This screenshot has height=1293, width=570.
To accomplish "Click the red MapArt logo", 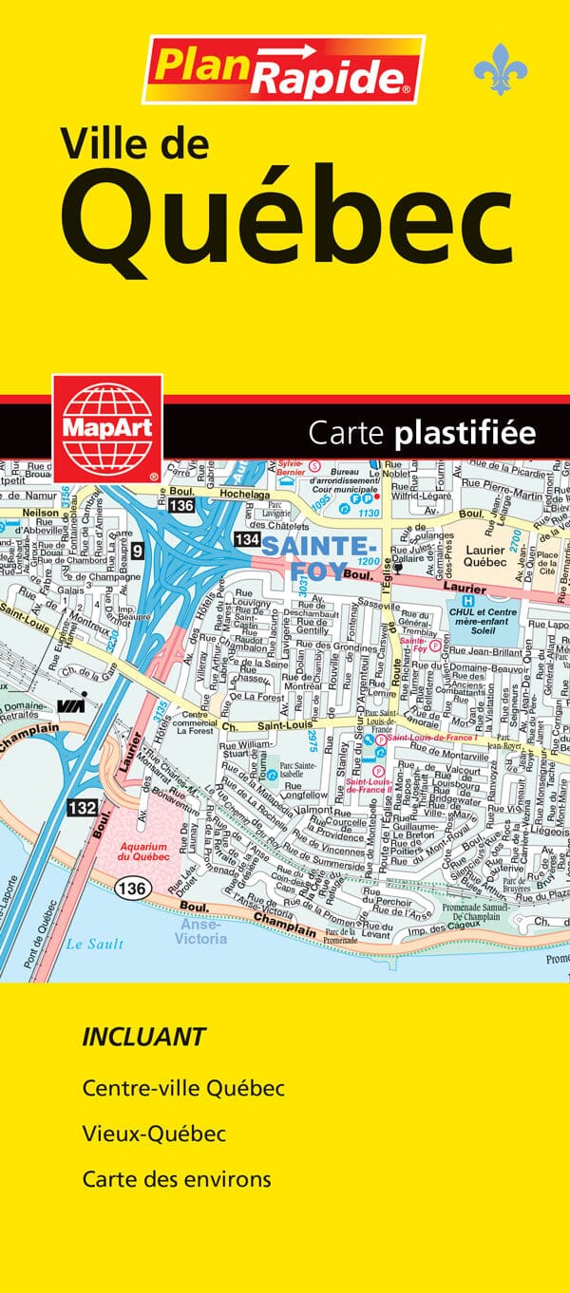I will [x=107, y=428].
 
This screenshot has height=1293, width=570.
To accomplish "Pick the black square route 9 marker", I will [x=138, y=548].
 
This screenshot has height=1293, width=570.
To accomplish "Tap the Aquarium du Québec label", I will [x=142, y=852].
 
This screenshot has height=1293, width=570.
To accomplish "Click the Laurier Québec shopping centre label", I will [x=490, y=555].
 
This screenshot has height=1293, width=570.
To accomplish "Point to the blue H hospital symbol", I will [x=466, y=602].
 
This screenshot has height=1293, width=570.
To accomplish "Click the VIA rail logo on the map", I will [x=68, y=704].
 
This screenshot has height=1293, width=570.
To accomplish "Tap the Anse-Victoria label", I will [x=201, y=932].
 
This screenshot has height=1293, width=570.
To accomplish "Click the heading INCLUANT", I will [x=143, y=1037].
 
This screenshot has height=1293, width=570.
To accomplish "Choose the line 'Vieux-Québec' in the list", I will [x=154, y=1134].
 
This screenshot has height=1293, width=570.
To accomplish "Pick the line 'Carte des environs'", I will [x=177, y=1179].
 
